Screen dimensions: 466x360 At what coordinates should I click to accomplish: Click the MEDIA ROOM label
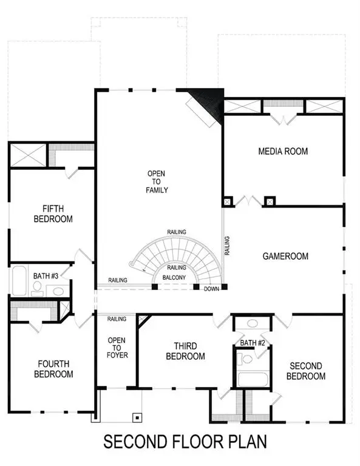283,151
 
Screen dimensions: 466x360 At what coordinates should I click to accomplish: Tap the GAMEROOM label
285,256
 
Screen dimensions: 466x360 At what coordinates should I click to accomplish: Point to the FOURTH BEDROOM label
53,369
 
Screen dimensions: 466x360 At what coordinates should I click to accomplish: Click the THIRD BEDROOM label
185,351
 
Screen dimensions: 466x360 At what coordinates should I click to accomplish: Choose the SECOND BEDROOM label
307,371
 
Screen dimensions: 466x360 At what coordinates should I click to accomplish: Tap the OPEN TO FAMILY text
156,182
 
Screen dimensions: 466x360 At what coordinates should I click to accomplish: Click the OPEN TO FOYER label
117,348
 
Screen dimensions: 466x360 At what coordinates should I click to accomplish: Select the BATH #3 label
46,276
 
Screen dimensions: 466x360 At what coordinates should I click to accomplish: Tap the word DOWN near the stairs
211,289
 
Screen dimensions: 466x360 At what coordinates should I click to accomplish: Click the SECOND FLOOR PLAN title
184,441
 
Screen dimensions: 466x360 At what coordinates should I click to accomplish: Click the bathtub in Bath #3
18,281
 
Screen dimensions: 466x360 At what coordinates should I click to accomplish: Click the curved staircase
176,255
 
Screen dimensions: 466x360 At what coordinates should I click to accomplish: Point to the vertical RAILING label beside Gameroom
226,245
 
